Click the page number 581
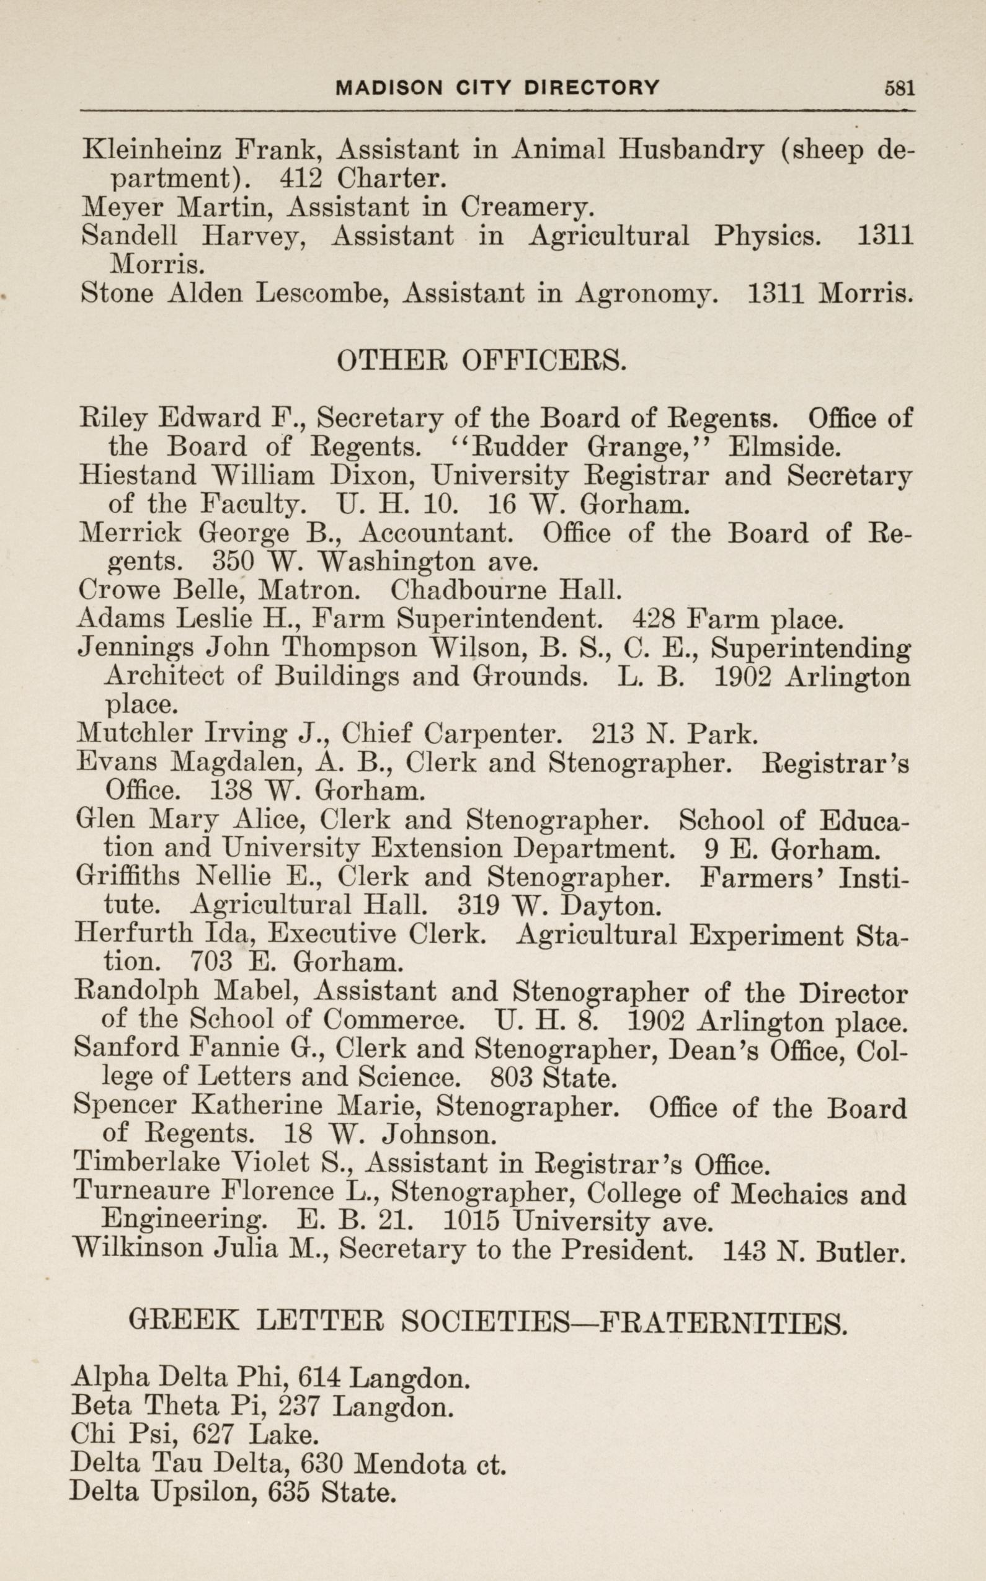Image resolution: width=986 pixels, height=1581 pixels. [899, 88]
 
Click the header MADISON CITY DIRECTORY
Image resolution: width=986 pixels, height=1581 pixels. [497, 88]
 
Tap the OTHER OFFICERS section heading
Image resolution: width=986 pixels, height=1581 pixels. [481, 361]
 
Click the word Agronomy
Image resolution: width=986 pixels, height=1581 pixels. [646, 293]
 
